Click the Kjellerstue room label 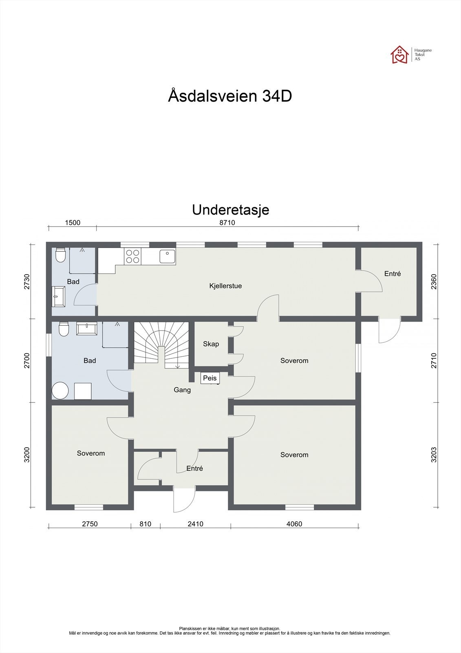click(225, 286)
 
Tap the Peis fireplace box click(210, 378)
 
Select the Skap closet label click(211, 344)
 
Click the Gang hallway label click(182, 390)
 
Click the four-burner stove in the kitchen click(132, 256)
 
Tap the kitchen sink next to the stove click(167, 257)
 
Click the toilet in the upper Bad click(60, 255)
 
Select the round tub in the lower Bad click(61, 391)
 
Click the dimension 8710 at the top click(227, 223)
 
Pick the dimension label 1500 click(73, 223)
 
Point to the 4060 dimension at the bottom click(294, 524)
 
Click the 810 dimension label click(145, 524)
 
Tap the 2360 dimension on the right click(434, 282)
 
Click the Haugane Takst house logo click(399, 55)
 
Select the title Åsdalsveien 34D click(230, 96)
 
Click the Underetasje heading click(230, 210)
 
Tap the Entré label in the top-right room click(393, 274)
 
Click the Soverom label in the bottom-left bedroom click(91, 453)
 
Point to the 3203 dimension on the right click(434, 455)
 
